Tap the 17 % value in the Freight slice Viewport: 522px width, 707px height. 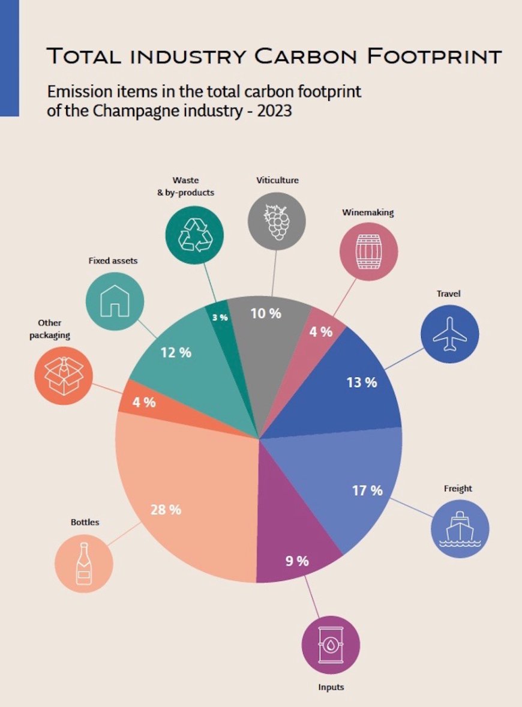click(x=367, y=490)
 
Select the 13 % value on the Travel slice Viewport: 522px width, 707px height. click(x=362, y=382)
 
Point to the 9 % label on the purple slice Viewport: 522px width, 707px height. click(x=296, y=561)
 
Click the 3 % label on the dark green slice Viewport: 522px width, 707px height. click(x=220, y=317)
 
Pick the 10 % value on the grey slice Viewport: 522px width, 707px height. click(x=266, y=313)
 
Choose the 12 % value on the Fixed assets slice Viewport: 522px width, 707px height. click(x=176, y=352)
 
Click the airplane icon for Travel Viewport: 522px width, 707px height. click(x=450, y=334)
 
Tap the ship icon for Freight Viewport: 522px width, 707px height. click(x=460, y=529)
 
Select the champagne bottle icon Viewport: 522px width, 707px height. click(x=84, y=564)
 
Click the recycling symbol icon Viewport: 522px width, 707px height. click(x=195, y=235)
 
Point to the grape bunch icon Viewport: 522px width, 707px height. click(x=277, y=221)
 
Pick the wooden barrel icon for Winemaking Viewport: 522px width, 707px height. click(x=368, y=251)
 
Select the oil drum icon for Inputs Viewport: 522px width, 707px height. click(x=330, y=645)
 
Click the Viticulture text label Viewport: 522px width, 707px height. click(x=277, y=180)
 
